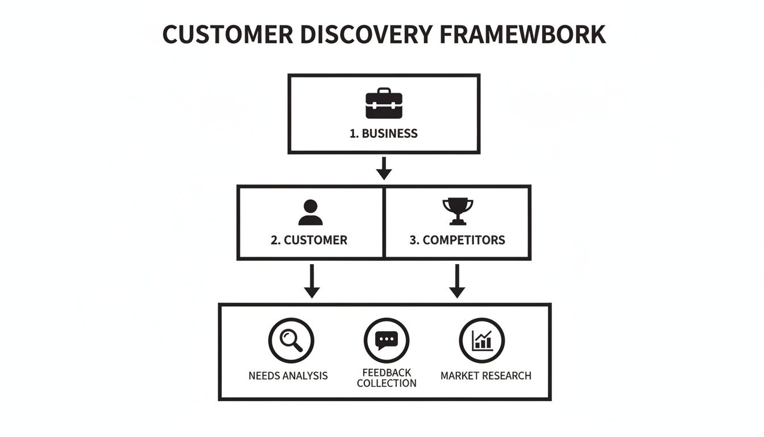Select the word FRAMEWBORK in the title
click(x=522, y=35)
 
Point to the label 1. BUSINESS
click(x=384, y=134)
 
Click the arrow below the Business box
click(x=384, y=168)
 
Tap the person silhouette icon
click(x=310, y=213)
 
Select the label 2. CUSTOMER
click(x=309, y=240)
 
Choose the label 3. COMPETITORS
click(x=457, y=240)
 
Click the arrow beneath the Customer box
click(x=312, y=281)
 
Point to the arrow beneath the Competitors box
click(x=457, y=281)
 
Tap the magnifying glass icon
click(x=291, y=340)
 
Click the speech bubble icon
click(x=387, y=340)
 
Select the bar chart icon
click(x=482, y=340)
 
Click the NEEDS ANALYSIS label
click(x=288, y=376)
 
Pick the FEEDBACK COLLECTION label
click(x=387, y=378)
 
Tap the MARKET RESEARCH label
click(x=486, y=376)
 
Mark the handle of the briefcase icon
click(x=384, y=90)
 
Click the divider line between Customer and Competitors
click(x=385, y=222)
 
